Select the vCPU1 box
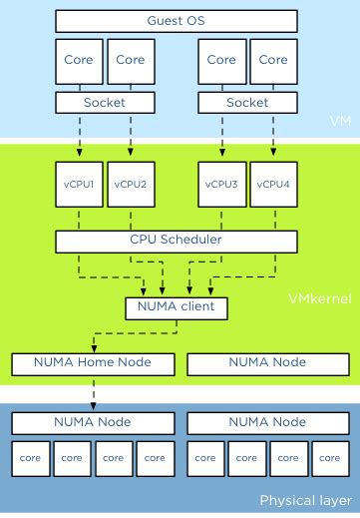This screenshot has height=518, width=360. click(x=80, y=184)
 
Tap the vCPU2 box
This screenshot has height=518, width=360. click(x=130, y=184)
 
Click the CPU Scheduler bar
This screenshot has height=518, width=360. click(x=177, y=241)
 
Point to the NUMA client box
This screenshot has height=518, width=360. click(x=177, y=307)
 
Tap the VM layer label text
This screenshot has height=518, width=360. click(x=340, y=121)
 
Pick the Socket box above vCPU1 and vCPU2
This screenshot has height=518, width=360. click(x=105, y=102)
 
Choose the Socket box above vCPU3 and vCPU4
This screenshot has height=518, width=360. click(x=248, y=102)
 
